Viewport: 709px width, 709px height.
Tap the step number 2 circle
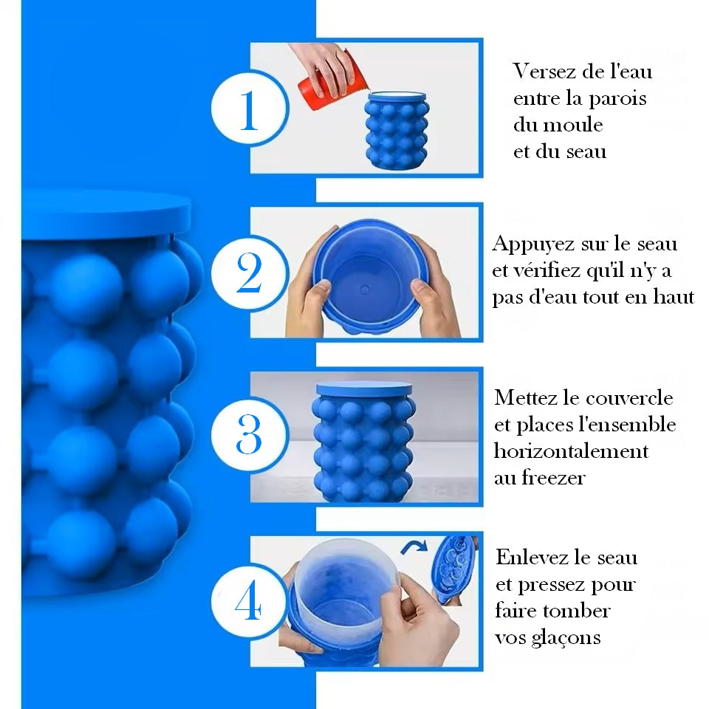tap(248, 273)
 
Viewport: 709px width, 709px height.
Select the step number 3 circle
tap(248, 435)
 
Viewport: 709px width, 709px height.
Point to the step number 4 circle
tap(248, 601)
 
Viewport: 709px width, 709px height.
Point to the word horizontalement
tap(570, 451)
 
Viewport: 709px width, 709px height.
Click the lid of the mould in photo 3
tap(364, 387)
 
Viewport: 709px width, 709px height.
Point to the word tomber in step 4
tap(579, 612)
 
